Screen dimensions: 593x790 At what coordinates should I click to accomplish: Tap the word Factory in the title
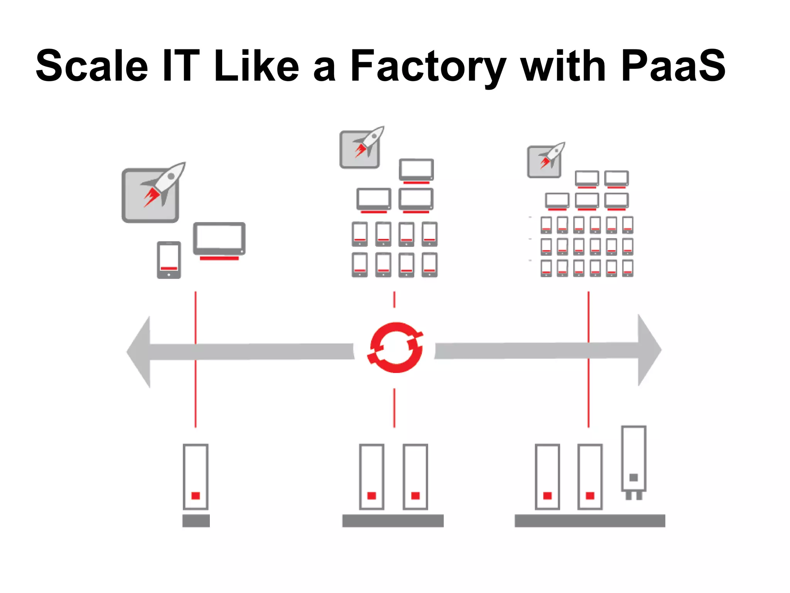point(427,66)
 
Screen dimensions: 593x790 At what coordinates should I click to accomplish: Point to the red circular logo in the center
point(395,347)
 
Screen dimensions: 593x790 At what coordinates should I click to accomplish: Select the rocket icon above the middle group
point(361,147)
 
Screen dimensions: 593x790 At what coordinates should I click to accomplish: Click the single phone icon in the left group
point(169,260)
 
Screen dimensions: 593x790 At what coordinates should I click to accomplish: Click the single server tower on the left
point(196,477)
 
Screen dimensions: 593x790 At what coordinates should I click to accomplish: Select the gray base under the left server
point(196,520)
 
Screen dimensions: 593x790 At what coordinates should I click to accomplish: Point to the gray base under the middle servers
point(393,520)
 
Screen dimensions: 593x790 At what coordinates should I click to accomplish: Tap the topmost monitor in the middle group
point(416,170)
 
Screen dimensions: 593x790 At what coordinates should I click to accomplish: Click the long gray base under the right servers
point(589,520)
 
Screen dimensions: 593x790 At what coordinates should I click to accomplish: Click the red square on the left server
point(196,496)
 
